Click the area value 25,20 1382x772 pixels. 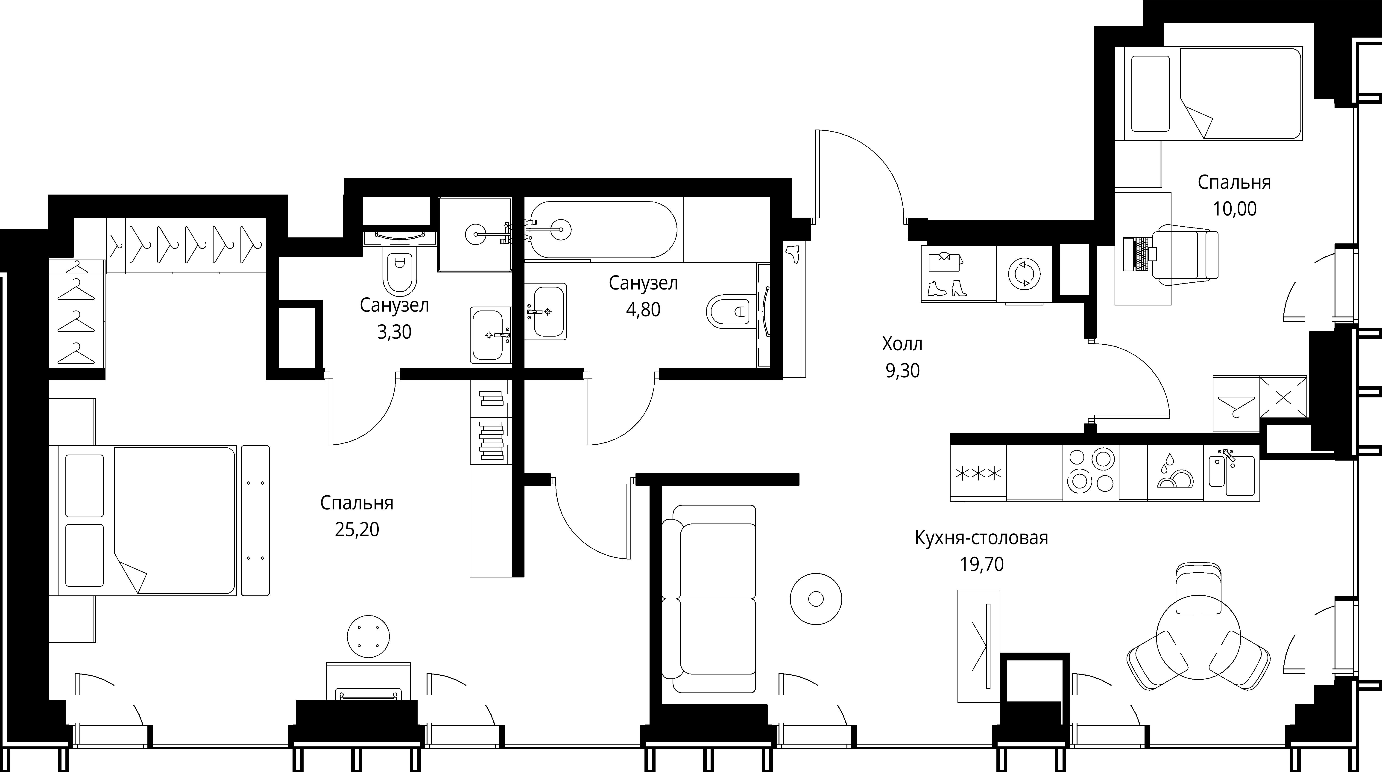point(357,530)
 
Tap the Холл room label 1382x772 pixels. point(902,344)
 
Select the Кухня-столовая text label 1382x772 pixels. point(981,537)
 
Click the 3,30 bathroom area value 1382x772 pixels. point(394,332)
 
